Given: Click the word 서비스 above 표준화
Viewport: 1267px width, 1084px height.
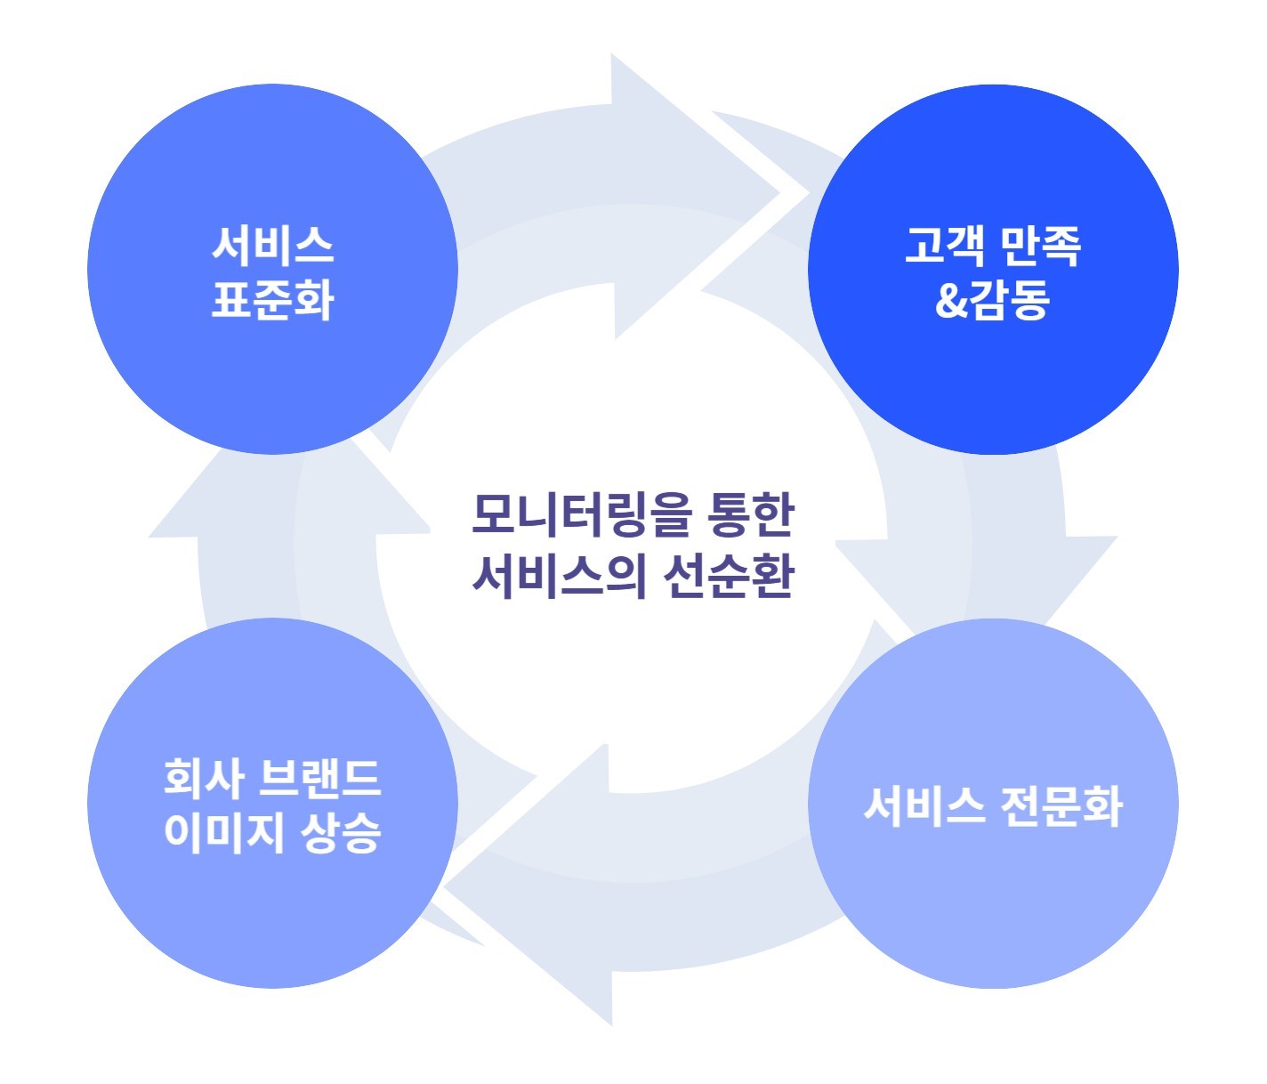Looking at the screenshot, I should (272, 245).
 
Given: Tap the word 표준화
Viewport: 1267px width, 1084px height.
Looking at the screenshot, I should (272, 299).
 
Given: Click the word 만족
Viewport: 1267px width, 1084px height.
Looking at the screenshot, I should (1040, 245).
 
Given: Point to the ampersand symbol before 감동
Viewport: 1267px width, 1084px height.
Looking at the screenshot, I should (951, 300).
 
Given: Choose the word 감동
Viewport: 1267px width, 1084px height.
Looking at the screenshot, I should (1011, 300).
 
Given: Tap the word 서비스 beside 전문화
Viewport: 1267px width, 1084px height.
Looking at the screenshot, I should (924, 806).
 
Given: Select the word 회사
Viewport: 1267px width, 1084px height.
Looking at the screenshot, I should (204, 778).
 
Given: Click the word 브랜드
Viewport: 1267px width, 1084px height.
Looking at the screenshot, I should (319, 778).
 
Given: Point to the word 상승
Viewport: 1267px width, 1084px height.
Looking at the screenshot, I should (341, 833).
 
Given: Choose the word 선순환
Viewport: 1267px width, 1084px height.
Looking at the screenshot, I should (728, 575).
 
